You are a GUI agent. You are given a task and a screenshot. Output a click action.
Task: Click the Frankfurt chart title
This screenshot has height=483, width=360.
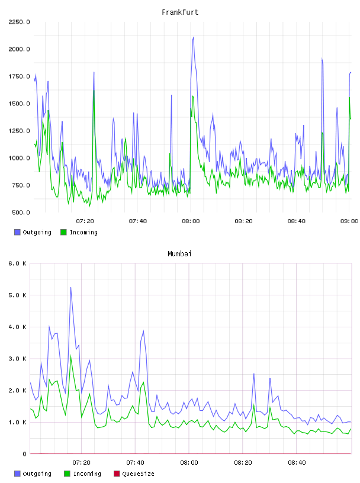(180, 12)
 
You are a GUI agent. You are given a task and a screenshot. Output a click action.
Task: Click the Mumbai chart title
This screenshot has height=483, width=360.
(179, 254)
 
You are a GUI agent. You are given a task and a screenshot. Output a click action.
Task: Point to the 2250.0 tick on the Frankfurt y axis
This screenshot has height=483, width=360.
(19, 22)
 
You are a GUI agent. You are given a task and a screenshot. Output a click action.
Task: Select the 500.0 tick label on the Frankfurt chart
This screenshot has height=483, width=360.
(21, 212)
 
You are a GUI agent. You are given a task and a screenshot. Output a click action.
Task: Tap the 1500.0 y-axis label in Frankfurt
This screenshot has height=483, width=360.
(19, 104)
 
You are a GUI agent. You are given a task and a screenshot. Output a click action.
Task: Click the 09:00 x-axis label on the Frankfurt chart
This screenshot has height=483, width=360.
(349, 221)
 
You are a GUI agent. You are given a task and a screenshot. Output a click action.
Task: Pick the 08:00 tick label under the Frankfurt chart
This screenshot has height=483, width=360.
(191, 221)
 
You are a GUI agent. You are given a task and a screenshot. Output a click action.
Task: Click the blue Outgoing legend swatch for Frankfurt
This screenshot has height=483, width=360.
(17, 232)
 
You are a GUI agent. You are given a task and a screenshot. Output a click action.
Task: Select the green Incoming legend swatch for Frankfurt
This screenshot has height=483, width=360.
(63, 232)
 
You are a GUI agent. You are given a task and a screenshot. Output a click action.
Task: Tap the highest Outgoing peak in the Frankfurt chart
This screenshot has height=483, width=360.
(193, 37)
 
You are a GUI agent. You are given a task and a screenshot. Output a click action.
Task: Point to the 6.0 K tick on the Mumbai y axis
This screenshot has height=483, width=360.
(17, 263)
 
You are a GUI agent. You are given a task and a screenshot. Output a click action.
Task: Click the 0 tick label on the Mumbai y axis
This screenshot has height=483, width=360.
(24, 454)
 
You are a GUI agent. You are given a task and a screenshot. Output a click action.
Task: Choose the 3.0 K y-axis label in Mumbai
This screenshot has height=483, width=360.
(17, 359)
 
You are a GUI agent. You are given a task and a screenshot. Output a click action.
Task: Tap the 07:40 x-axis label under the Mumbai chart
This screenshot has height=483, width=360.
(135, 463)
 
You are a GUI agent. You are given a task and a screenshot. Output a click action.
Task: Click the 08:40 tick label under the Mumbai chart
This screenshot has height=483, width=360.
(297, 463)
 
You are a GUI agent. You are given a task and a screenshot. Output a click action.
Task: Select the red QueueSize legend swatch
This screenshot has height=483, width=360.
(117, 474)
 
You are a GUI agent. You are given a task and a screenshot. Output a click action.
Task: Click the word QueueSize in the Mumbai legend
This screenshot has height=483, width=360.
(138, 474)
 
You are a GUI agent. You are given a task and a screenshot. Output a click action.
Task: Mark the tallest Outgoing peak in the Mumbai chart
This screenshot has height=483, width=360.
(70, 288)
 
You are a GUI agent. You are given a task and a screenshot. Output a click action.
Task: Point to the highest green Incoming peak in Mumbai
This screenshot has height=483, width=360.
(70, 356)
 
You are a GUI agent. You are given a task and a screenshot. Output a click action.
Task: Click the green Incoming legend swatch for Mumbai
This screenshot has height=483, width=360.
(67, 474)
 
